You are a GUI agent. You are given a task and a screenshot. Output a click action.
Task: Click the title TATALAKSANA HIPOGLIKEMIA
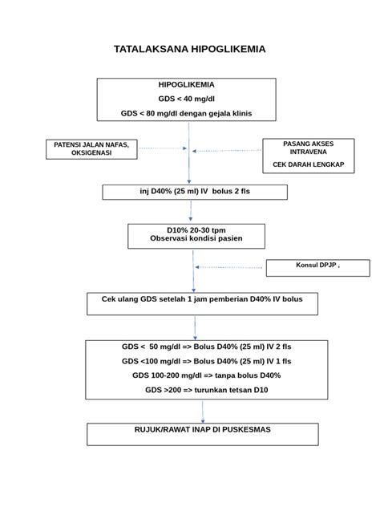pos(189,49)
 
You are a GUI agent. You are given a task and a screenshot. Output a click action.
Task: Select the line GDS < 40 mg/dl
pos(186,99)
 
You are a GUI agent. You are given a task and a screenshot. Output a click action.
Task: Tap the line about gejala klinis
pos(186,114)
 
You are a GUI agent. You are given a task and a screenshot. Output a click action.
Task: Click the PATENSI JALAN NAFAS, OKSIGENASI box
pos(91,148)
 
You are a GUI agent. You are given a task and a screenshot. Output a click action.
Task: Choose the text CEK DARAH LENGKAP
pos(308,164)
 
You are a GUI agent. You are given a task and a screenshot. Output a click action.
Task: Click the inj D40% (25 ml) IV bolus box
pos(195,192)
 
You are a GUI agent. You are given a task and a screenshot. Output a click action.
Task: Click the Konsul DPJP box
pos(318,267)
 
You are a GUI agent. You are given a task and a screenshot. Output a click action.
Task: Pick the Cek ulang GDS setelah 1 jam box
pos(202,303)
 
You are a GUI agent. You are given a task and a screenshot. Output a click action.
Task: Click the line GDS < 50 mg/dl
pos(207,347)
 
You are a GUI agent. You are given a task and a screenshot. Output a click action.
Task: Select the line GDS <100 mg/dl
pos(207,362)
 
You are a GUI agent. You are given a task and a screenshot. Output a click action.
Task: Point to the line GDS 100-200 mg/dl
pos(207,375)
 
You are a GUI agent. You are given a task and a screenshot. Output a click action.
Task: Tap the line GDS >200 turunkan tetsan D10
pos(207,390)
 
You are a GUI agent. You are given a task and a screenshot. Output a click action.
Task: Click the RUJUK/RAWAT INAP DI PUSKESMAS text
pos(202,430)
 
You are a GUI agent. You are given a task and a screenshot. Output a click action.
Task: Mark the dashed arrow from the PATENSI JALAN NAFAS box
pos(161,148)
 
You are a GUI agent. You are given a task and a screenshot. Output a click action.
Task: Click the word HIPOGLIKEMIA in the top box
pos(186,84)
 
